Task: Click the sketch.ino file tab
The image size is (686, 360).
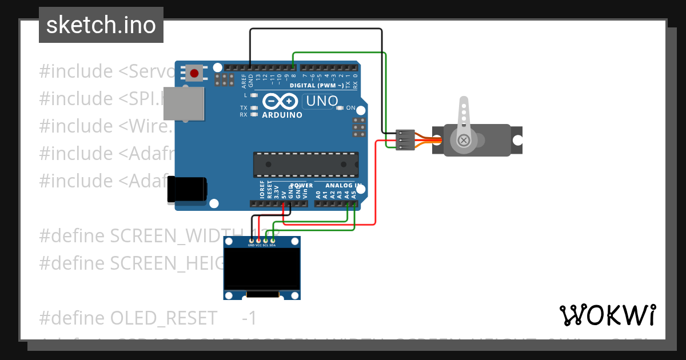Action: point(101,25)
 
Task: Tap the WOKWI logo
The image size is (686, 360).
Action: point(607,315)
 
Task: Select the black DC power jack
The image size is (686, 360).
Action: point(187,190)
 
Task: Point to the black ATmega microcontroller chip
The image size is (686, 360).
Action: point(306,165)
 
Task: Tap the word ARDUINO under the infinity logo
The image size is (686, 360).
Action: point(282,115)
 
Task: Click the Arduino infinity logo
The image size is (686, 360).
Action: point(281,102)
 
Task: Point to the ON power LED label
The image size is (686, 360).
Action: point(350,107)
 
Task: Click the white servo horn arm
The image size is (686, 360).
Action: point(464,120)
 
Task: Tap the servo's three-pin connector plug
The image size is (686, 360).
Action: point(405,140)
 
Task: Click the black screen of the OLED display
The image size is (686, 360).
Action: point(262,267)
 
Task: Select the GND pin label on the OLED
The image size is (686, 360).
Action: point(251,245)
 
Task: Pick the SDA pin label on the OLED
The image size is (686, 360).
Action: point(273,245)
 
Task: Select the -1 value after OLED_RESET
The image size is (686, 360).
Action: point(249,317)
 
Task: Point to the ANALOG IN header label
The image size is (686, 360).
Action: point(343,186)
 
